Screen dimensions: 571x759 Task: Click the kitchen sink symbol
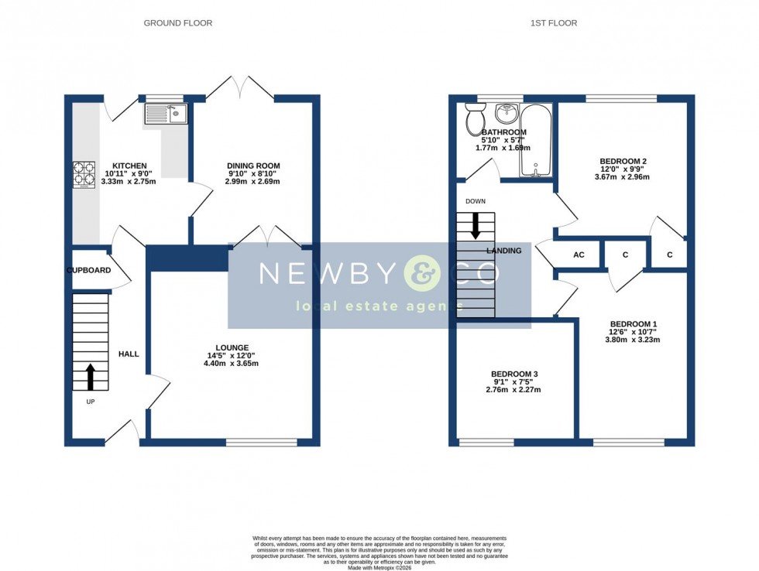(x=165, y=115)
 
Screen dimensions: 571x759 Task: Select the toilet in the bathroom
(x=474, y=120)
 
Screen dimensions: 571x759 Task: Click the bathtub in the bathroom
(x=536, y=140)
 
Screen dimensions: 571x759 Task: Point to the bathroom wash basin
(x=507, y=114)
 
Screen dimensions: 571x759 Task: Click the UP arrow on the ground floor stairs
(x=90, y=377)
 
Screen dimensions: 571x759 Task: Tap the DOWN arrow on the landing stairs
(x=476, y=225)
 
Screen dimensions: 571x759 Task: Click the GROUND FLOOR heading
(x=177, y=23)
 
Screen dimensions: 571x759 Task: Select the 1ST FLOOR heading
(x=553, y=23)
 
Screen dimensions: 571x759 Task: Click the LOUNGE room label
(x=232, y=347)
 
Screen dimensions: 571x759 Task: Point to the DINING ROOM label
(x=253, y=166)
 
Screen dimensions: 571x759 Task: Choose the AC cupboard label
(x=578, y=255)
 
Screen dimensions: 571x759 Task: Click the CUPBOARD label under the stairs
(x=88, y=271)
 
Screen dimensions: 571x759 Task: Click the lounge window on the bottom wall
(x=261, y=443)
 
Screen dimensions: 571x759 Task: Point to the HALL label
(x=129, y=354)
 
